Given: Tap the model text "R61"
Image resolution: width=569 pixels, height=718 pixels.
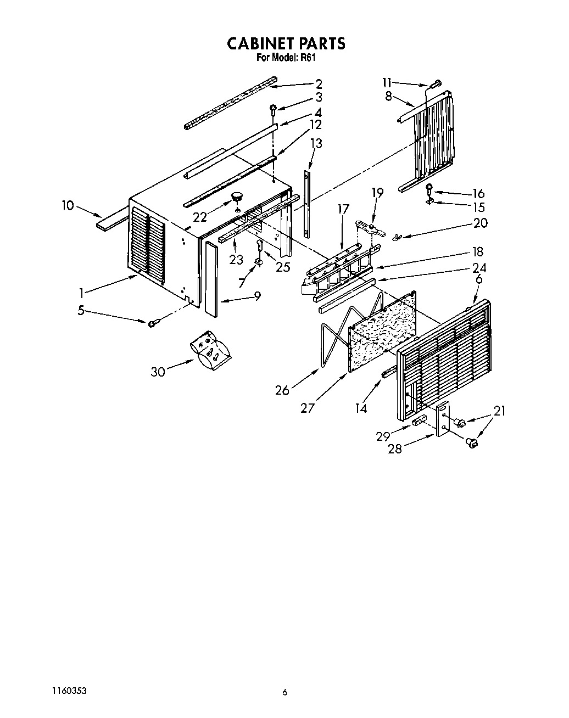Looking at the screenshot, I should (x=308, y=57).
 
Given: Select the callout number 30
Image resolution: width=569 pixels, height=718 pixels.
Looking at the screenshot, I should (x=158, y=372).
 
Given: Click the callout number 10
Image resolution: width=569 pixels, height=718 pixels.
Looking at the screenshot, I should (x=68, y=205).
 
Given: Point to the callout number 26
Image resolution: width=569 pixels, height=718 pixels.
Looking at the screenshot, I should (x=282, y=390).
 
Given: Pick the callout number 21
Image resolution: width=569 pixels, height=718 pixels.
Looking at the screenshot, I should (x=500, y=411).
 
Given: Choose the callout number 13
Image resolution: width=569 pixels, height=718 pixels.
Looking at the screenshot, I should (x=316, y=143).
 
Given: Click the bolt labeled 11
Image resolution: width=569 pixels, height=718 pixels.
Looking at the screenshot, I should (x=436, y=83).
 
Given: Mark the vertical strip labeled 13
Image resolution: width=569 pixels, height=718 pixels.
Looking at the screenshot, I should (x=306, y=203).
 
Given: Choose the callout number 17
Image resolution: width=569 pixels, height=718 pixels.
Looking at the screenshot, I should (x=343, y=209).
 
